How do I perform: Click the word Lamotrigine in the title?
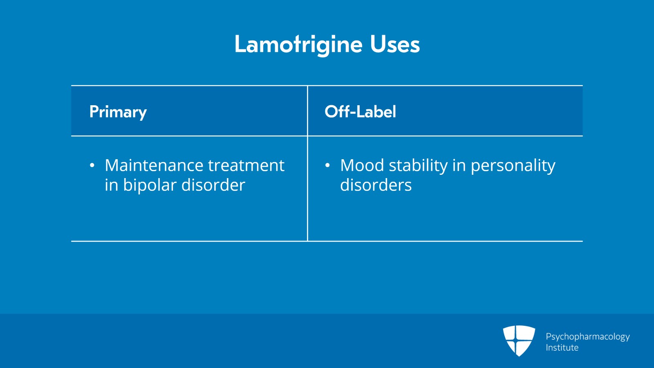click(298, 45)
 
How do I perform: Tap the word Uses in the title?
click(395, 45)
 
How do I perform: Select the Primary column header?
click(118, 112)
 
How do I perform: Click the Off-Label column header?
click(360, 111)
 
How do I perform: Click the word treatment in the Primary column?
click(246, 165)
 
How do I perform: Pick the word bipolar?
click(150, 185)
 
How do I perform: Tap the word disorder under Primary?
click(213, 185)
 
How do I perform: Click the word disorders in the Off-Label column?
click(376, 185)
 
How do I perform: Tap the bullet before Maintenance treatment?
click(92, 165)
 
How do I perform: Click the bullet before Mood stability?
click(327, 165)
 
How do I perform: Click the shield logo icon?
click(519, 341)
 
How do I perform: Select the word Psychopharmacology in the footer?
click(588, 337)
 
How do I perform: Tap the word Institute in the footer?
click(562, 348)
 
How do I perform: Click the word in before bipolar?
click(111, 185)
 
